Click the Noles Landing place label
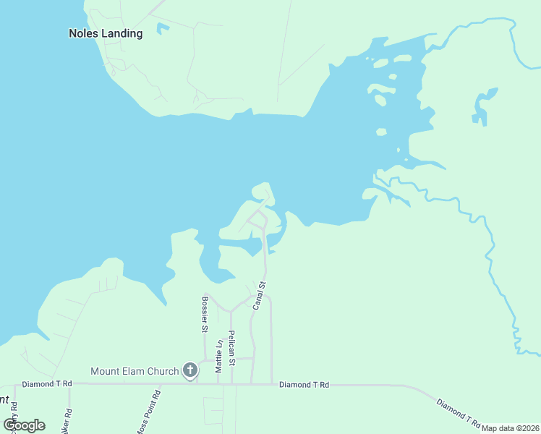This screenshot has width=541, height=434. point(105,33)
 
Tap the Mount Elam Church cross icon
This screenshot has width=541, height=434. point(189,371)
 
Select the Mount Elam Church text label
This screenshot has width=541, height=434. point(135,371)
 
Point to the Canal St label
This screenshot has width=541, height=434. point(260,295)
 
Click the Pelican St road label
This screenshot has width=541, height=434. point(231,347)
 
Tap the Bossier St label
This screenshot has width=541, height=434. point(205,313)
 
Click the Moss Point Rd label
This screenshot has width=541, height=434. point(151,407)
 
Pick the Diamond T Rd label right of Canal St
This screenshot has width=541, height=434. point(304,385)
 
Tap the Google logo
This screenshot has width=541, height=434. point(24,425)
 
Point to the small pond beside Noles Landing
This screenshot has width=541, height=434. point(163,28)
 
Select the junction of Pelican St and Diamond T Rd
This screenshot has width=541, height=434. point(231,384)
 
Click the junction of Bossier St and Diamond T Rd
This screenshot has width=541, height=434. point(205,384)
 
